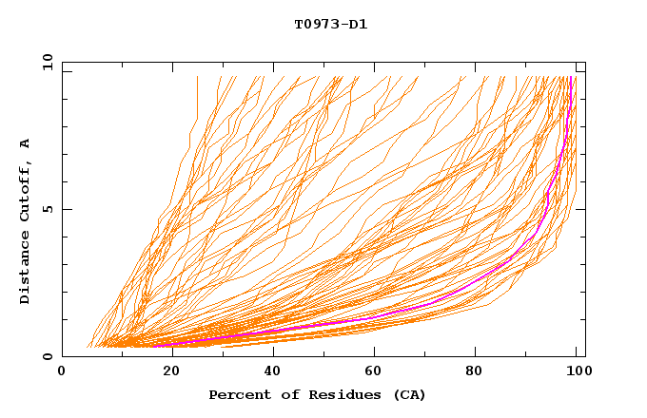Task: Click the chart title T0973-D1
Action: click(x=330, y=25)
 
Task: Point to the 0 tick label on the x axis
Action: click(x=62, y=371)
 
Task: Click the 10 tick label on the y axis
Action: click(x=47, y=62)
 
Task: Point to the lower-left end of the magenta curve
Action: click(x=154, y=345)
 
